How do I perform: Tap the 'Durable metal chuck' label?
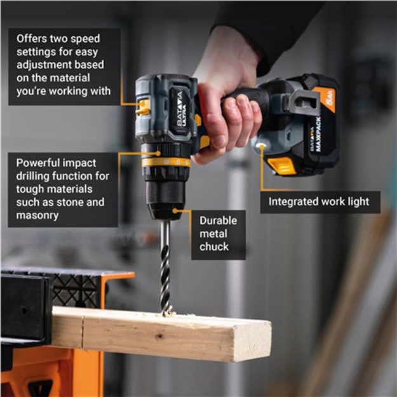pyautogui.click(x=219, y=234)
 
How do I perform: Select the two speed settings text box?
pyautogui.click(x=64, y=65)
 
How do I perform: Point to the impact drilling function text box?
pyautogui.click(x=62, y=189)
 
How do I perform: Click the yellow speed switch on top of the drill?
pyautogui.click(x=144, y=107)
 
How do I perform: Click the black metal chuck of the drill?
pyautogui.click(x=163, y=194)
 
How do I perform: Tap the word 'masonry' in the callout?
pyautogui.click(x=37, y=216)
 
